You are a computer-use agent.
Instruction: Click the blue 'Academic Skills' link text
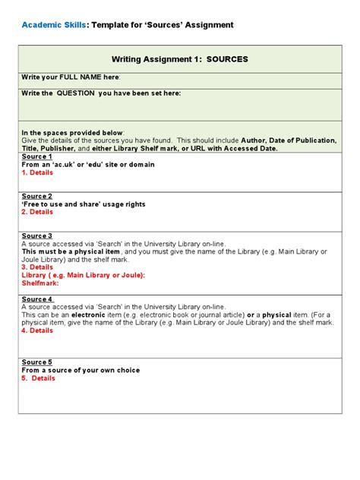tap(53, 25)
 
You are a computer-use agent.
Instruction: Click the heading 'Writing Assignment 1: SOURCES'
tap(180, 58)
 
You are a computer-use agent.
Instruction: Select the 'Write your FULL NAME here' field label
tap(71, 77)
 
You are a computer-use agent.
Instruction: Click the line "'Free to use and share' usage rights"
tap(84, 204)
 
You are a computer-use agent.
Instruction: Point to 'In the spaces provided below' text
tap(72, 133)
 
